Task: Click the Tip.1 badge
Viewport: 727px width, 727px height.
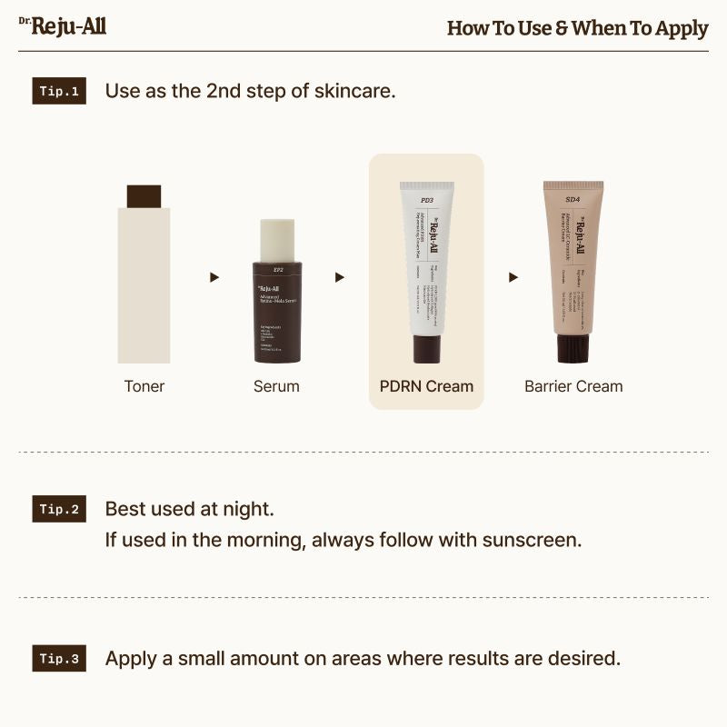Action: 59,92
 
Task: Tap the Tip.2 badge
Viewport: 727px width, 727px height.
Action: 59,509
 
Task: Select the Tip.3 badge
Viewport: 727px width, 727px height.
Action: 59,659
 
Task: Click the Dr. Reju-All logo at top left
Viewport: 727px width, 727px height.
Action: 63,25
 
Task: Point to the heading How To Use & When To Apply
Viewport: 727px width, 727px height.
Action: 577,28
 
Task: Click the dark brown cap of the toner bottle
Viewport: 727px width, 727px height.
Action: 144,196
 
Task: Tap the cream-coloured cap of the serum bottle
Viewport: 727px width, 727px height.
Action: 277,240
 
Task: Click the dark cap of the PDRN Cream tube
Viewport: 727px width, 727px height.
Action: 426,349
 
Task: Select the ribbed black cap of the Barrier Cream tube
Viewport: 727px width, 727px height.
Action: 573,348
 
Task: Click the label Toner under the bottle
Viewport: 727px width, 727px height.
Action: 144,386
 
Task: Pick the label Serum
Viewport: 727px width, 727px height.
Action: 276,386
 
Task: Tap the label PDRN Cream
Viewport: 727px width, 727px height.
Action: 426,386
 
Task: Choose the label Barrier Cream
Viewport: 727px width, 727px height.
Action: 573,386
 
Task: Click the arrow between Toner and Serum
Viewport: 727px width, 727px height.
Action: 214,277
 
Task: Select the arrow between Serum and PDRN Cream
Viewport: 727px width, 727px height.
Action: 341,277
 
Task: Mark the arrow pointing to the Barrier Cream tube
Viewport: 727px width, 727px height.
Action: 513,277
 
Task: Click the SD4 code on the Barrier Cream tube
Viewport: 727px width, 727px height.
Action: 573,199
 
